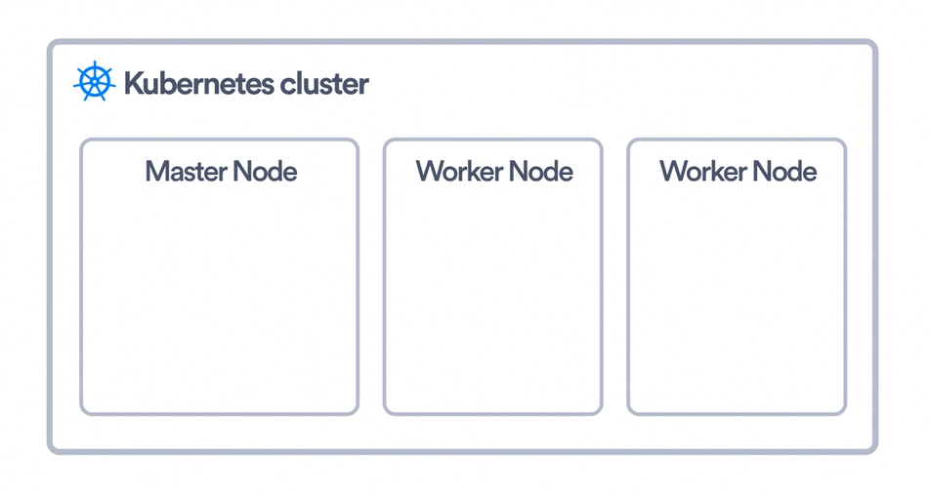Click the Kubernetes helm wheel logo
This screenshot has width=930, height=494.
point(94,82)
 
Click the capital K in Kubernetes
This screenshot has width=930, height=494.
point(133,84)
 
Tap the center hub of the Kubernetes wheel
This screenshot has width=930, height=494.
point(94,82)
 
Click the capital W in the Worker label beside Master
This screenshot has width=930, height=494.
point(429,172)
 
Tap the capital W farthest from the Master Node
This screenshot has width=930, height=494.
point(673,172)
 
